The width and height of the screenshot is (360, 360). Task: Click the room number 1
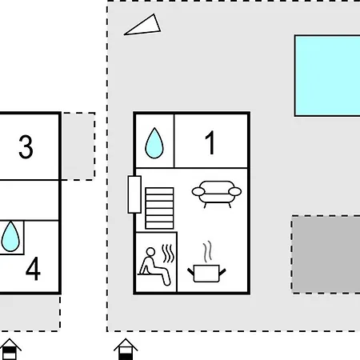tap(210, 142)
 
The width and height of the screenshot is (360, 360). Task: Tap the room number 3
tap(26, 146)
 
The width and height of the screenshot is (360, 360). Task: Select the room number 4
tap(33, 268)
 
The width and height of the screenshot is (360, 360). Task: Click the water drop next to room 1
tap(154, 143)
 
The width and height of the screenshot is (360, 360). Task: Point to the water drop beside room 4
tap(10, 237)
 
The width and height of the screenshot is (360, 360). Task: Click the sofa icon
tap(217, 194)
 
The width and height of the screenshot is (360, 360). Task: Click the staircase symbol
tap(159, 208)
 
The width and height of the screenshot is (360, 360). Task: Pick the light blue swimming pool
tap(327, 75)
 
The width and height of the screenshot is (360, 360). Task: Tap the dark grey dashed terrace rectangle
tap(326, 254)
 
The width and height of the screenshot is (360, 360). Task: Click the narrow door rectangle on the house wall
tap(134, 194)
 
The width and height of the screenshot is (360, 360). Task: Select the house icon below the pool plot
tap(126, 349)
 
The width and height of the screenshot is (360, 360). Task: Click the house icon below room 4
tap(10, 349)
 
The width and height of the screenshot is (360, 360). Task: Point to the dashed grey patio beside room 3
tap(78, 146)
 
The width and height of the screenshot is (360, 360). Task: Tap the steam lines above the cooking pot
tap(208, 251)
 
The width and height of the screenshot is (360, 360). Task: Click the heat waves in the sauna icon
tap(168, 254)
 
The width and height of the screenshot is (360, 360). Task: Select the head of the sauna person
tap(150, 252)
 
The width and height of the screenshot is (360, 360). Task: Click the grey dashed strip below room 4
tap(30, 313)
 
